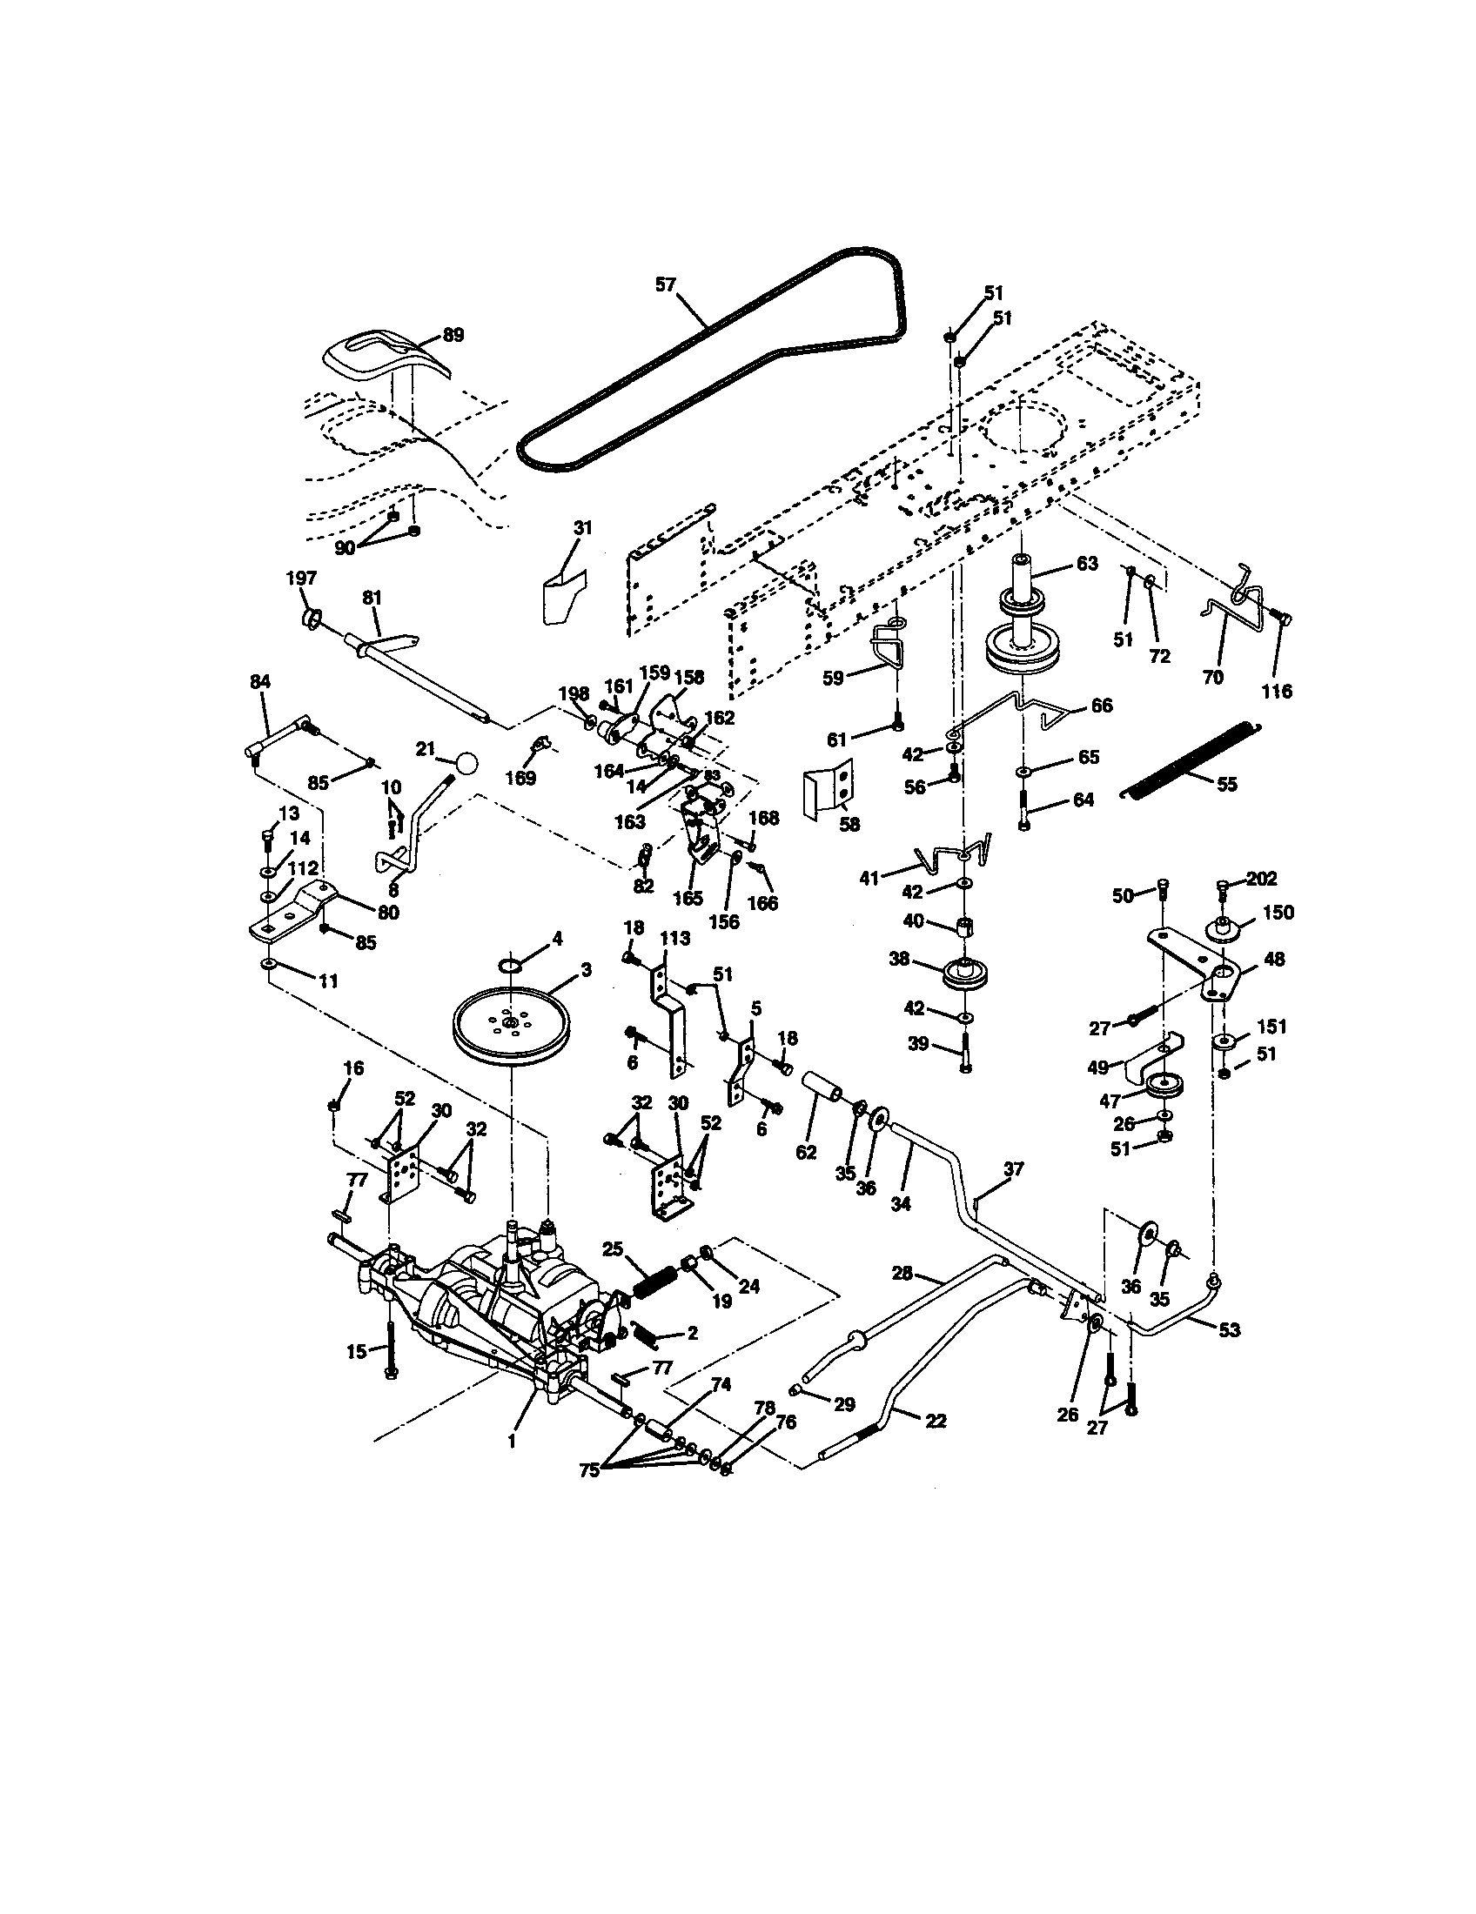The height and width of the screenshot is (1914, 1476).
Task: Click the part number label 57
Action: (667, 284)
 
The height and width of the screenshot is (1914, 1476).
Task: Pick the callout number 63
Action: (1086, 564)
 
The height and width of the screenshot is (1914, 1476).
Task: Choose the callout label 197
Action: (301, 579)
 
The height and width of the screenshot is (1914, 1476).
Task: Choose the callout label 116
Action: (1276, 692)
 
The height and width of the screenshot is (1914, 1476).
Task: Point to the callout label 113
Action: (674, 938)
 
